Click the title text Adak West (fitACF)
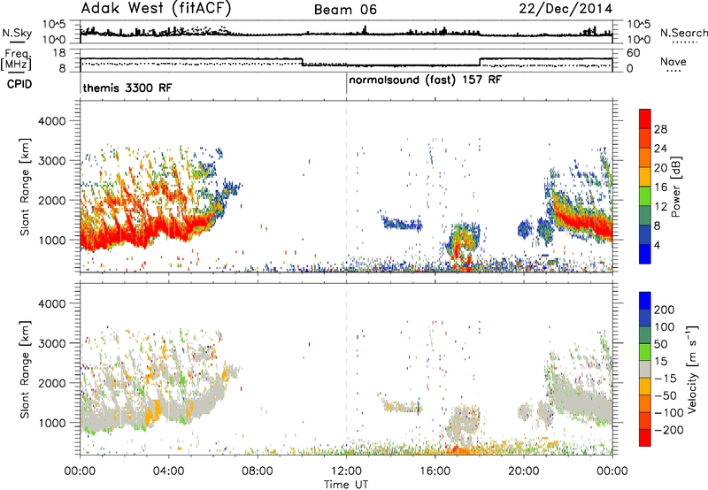(156, 9)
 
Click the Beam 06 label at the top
(345, 10)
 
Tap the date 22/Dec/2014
(566, 9)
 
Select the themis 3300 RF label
(127, 88)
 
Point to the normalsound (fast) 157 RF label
(425, 80)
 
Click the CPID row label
(19, 84)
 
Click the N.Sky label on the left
(17, 33)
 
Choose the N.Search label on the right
(684, 33)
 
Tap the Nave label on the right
(673, 61)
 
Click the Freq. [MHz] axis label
(17, 59)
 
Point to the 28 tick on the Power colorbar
(660, 129)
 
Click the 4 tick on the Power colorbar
(658, 246)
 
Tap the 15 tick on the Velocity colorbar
(660, 361)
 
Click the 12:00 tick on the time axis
(346, 471)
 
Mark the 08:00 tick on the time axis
(258, 471)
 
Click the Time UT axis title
(346, 484)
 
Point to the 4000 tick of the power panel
(51, 121)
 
